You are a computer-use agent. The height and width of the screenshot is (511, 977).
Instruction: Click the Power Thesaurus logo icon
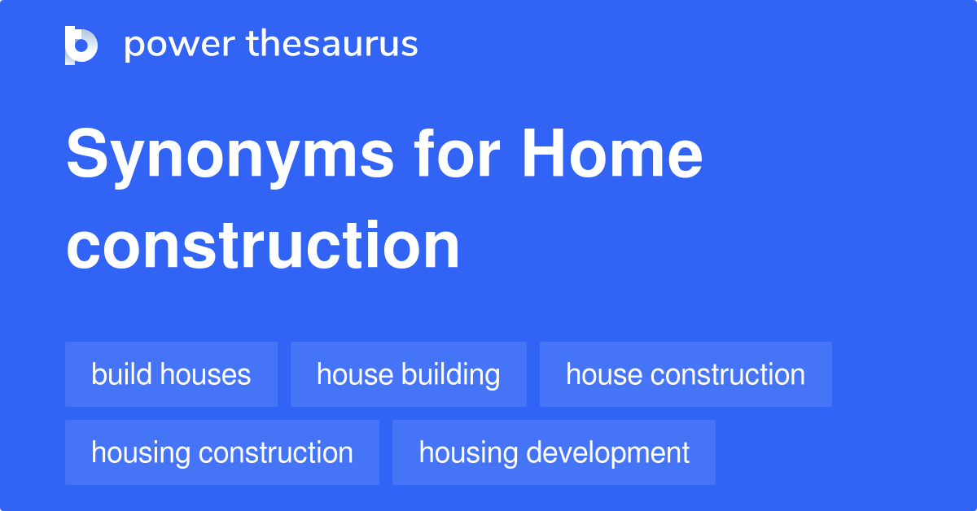click(x=81, y=45)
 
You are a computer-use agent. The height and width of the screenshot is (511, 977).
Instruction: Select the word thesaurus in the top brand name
click(x=333, y=45)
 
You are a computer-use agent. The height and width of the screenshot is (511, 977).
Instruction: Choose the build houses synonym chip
click(x=171, y=374)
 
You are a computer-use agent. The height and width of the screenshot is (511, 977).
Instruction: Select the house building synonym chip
click(x=408, y=374)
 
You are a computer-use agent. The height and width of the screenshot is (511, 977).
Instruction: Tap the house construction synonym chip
click(x=686, y=374)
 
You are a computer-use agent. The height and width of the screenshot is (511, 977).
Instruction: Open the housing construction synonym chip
click(x=221, y=452)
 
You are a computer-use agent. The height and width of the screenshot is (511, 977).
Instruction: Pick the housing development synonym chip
click(x=554, y=452)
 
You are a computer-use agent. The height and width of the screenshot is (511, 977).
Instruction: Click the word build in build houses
click(x=122, y=374)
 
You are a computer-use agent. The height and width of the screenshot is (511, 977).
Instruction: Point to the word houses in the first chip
click(x=205, y=374)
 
